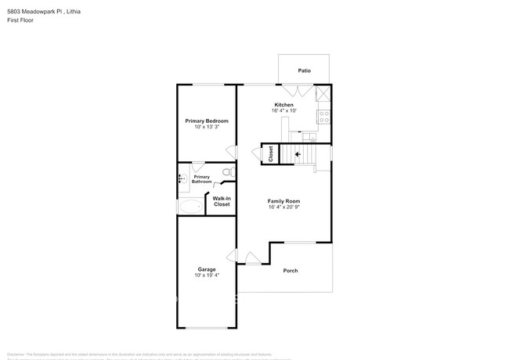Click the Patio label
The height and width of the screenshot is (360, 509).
(x=304, y=71)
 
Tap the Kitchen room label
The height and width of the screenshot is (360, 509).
(x=283, y=105)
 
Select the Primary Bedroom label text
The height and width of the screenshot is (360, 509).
(x=207, y=121)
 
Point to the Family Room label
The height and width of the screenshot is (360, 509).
(x=283, y=201)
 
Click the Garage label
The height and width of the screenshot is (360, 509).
(x=207, y=269)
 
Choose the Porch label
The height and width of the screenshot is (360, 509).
(x=291, y=271)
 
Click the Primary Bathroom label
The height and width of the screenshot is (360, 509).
(x=202, y=179)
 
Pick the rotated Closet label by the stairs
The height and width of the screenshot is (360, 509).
(x=271, y=154)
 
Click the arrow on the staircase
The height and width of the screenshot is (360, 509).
(x=298, y=154)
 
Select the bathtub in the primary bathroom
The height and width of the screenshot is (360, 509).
(x=190, y=207)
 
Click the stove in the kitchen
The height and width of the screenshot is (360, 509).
(x=322, y=117)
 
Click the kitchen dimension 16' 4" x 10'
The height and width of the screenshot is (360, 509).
(x=283, y=111)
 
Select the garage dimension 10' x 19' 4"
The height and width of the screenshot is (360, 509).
(x=207, y=275)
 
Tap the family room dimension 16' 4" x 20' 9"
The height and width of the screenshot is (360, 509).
(x=283, y=207)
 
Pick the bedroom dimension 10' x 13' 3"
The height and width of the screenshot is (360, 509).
(x=207, y=127)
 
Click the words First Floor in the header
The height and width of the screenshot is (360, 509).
(x=20, y=21)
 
